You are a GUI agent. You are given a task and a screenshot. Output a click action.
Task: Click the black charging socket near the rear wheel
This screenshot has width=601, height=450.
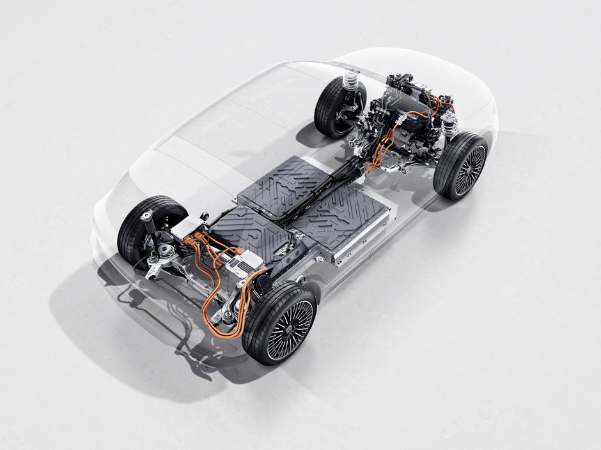[x=261, y=286]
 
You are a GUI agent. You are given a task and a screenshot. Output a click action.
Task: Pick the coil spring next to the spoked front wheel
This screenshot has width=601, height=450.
[x=451, y=124]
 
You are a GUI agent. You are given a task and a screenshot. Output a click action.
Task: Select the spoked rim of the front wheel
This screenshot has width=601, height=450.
[x=471, y=170]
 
